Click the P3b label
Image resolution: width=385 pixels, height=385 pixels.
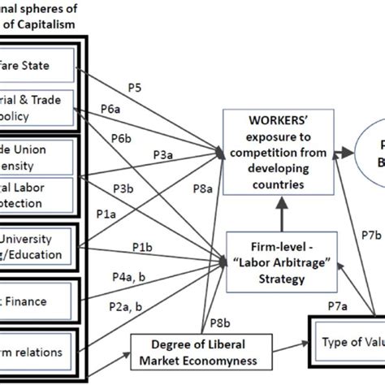coord(123,188)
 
